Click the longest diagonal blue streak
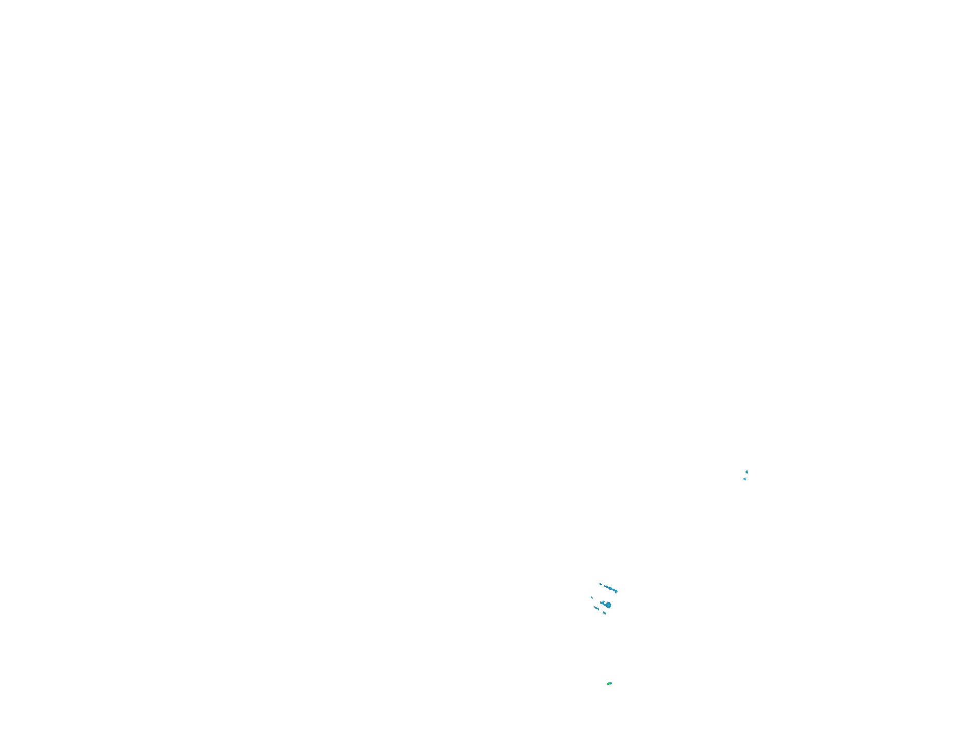(610, 588)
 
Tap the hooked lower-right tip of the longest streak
(616, 592)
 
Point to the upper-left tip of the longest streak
(605, 586)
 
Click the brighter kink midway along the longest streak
(611, 588)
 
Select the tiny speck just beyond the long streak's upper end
(601, 584)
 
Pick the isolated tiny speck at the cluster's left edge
(592, 598)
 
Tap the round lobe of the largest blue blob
(609, 605)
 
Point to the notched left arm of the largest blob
(602, 603)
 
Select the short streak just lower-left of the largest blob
(596, 608)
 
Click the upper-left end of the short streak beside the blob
(595, 607)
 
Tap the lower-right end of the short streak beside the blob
(599, 609)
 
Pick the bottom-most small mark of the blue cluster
(605, 612)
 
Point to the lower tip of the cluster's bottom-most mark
(605, 614)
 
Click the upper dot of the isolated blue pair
(747, 472)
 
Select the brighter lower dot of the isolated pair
(745, 479)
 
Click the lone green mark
(609, 683)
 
